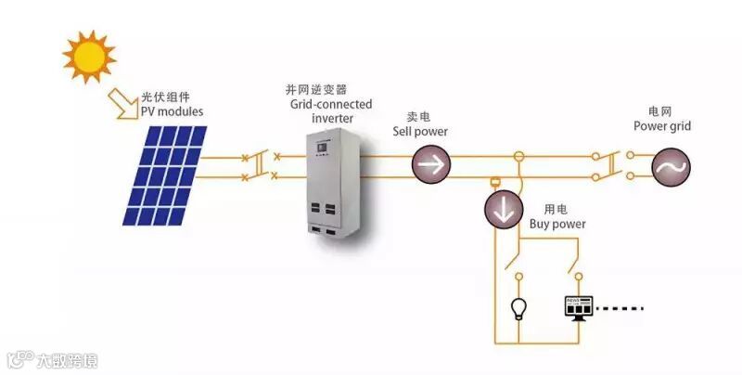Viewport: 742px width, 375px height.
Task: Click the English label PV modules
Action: pyautogui.click(x=172, y=112)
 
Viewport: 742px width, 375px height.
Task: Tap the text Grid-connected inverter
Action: pyautogui.click(x=331, y=111)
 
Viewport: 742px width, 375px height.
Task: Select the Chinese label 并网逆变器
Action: pyautogui.click(x=315, y=90)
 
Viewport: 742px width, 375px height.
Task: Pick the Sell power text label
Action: pyautogui.click(x=427, y=132)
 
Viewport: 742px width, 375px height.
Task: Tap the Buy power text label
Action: pyautogui.click(x=557, y=225)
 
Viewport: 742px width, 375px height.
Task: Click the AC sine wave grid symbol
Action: pyautogui.click(x=671, y=166)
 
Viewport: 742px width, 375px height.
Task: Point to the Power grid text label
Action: pyautogui.click(x=662, y=126)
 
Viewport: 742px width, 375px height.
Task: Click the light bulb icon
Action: pyautogui.click(x=518, y=307)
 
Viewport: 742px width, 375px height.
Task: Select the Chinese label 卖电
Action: pyautogui.click(x=418, y=118)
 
